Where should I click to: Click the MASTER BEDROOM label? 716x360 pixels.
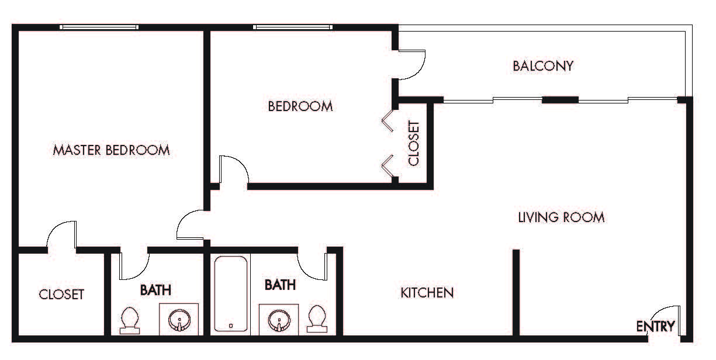click(x=111, y=150)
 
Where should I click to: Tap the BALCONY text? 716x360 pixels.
click(x=543, y=65)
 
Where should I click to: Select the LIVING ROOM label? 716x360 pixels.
click(x=561, y=217)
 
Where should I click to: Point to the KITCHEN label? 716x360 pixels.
click(x=427, y=292)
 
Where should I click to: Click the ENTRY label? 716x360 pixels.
click(x=656, y=327)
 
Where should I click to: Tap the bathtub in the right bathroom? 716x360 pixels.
click(x=231, y=294)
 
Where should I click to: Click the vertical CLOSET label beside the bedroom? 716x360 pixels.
click(x=414, y=143)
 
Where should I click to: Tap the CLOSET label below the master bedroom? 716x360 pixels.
click(x=61, y=295)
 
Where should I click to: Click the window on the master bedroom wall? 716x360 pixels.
click(x=99, y=27)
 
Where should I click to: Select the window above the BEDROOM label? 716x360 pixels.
click(x=293, y=27)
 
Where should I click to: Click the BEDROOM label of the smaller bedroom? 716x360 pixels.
click(x=300, y=106)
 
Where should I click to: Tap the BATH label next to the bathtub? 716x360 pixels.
click(x=280, y=285)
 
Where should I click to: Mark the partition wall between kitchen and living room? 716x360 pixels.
click(x=516, y=292)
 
